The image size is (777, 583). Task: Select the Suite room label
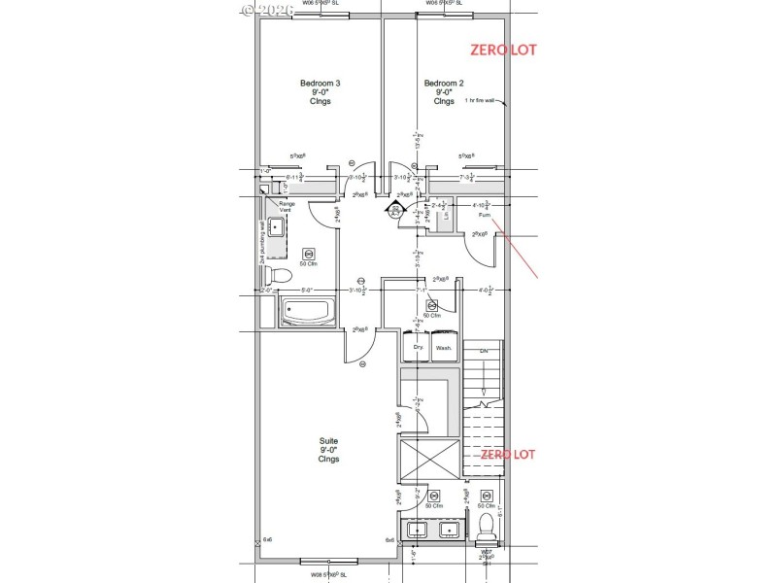(328, 449)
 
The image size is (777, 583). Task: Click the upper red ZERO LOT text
(503, 49)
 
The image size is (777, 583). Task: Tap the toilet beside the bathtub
(278, 275)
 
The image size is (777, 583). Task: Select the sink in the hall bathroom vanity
(275, 228)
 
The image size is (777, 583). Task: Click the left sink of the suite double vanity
(419, 531)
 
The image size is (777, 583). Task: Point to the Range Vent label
(287, 207)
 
